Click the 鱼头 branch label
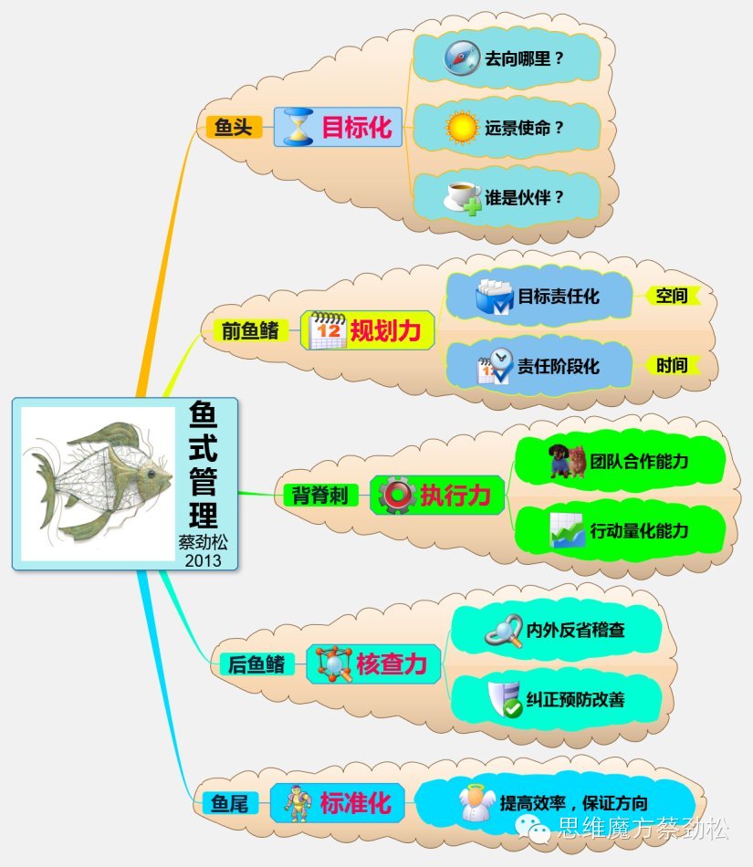233,127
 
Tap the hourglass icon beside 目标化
298,127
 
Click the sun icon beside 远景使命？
462,128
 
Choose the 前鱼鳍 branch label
250,329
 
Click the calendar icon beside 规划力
327,330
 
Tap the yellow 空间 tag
672,296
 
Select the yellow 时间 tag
672,365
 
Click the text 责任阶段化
559,366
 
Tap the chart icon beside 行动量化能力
567,531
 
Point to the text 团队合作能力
639,461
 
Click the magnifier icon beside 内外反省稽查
502,631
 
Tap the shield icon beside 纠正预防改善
504,699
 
